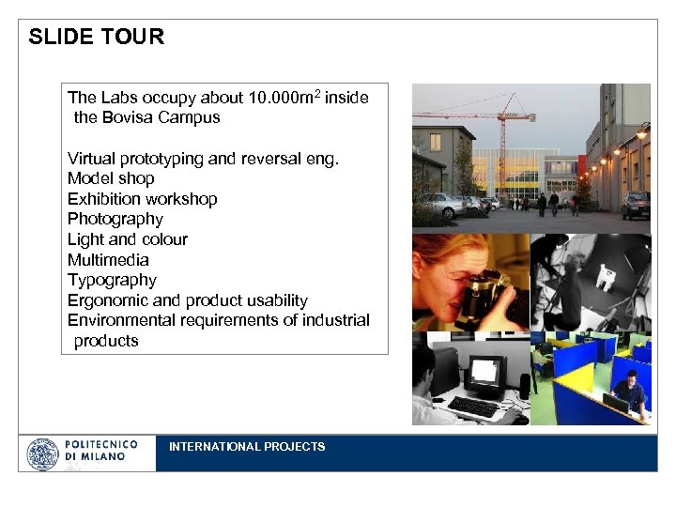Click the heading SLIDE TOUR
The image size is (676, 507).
[x=96, y=37]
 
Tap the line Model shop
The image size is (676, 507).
[x=111, y=178]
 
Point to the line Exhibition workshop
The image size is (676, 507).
[x=142, y=199]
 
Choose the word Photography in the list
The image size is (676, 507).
[x=115, y=219]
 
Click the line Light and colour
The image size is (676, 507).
[x=127, y=239]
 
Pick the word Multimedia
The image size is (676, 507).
[x=108, y=260]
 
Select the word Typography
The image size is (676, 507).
[x=112, y=280]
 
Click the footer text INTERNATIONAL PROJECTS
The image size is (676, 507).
[x=247, y=447]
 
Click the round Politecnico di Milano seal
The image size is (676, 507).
[x=42, y=454]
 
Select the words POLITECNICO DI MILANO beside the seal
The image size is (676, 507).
[x=100, y=450]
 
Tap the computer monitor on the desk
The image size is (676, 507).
[x=487, y=373]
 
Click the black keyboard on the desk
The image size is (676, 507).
[x=474, y=407]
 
